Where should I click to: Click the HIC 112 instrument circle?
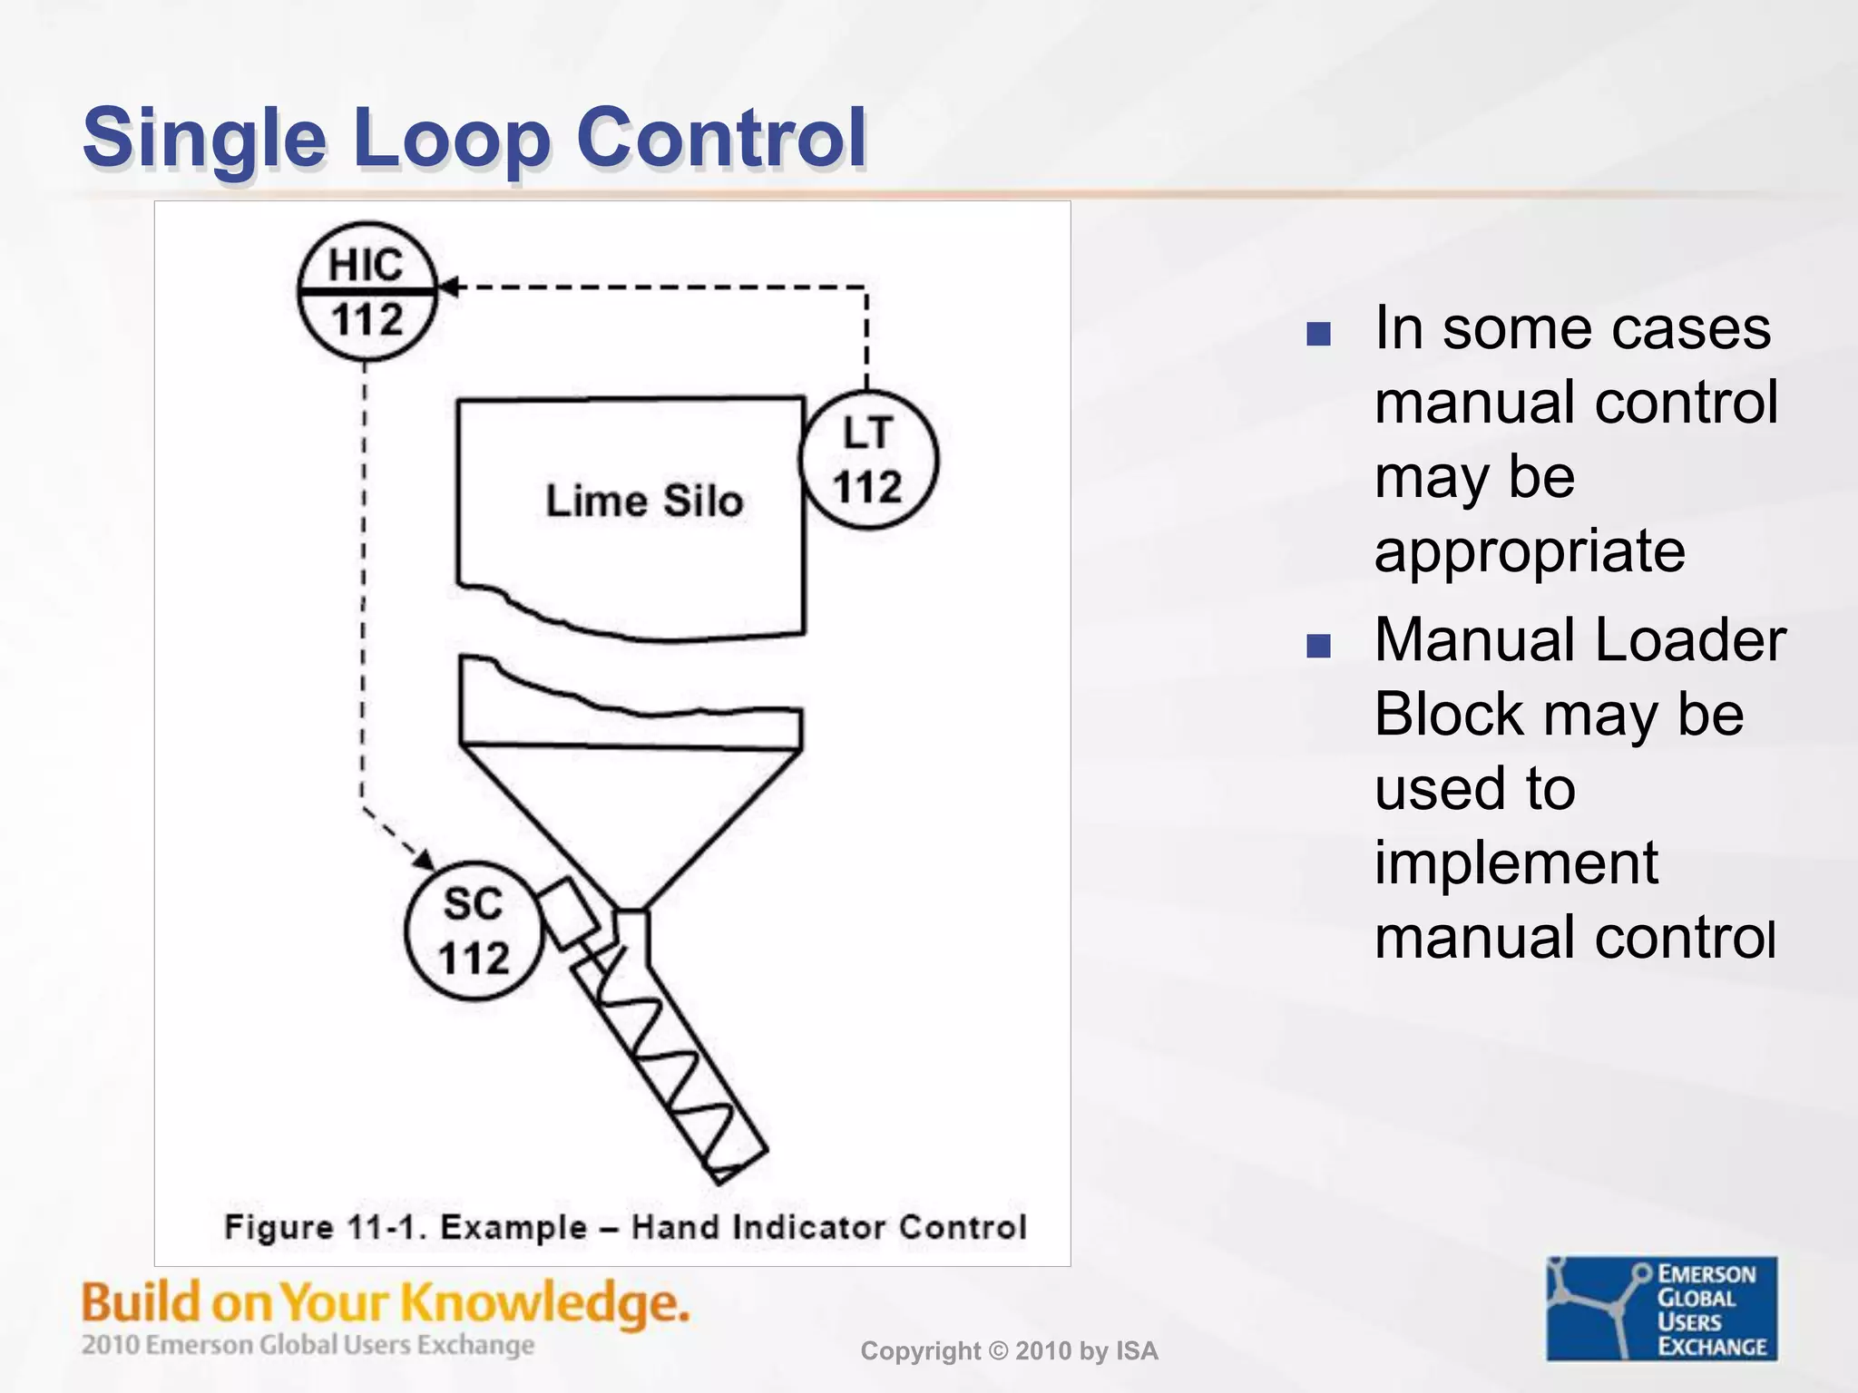point(367,291)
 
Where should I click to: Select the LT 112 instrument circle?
point(868,460)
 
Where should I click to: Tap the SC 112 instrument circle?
point(473,930)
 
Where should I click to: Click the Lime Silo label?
point(644,502)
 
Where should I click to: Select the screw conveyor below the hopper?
point(671,1061)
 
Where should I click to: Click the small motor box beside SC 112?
point(569,912)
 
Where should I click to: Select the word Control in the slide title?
point(721,138)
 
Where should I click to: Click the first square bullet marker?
point(1318,334)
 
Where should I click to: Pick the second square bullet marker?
point(1318,646)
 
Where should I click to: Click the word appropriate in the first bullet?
point(1530,550)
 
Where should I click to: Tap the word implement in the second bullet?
point(1516,862)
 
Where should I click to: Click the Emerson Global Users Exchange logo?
point(1661,1308)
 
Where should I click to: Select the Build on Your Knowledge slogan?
point(386,1303)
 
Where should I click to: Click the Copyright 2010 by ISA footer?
point(1009,1351)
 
